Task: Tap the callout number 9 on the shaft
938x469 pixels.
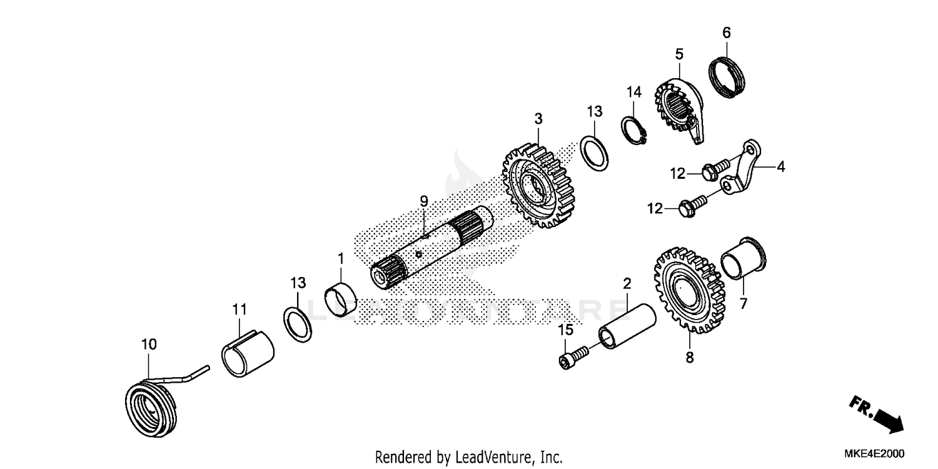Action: (x=423, y=201)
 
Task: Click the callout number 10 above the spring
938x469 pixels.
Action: (x=149, y=345)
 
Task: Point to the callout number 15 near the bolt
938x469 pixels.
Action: (x=565, y=330)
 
